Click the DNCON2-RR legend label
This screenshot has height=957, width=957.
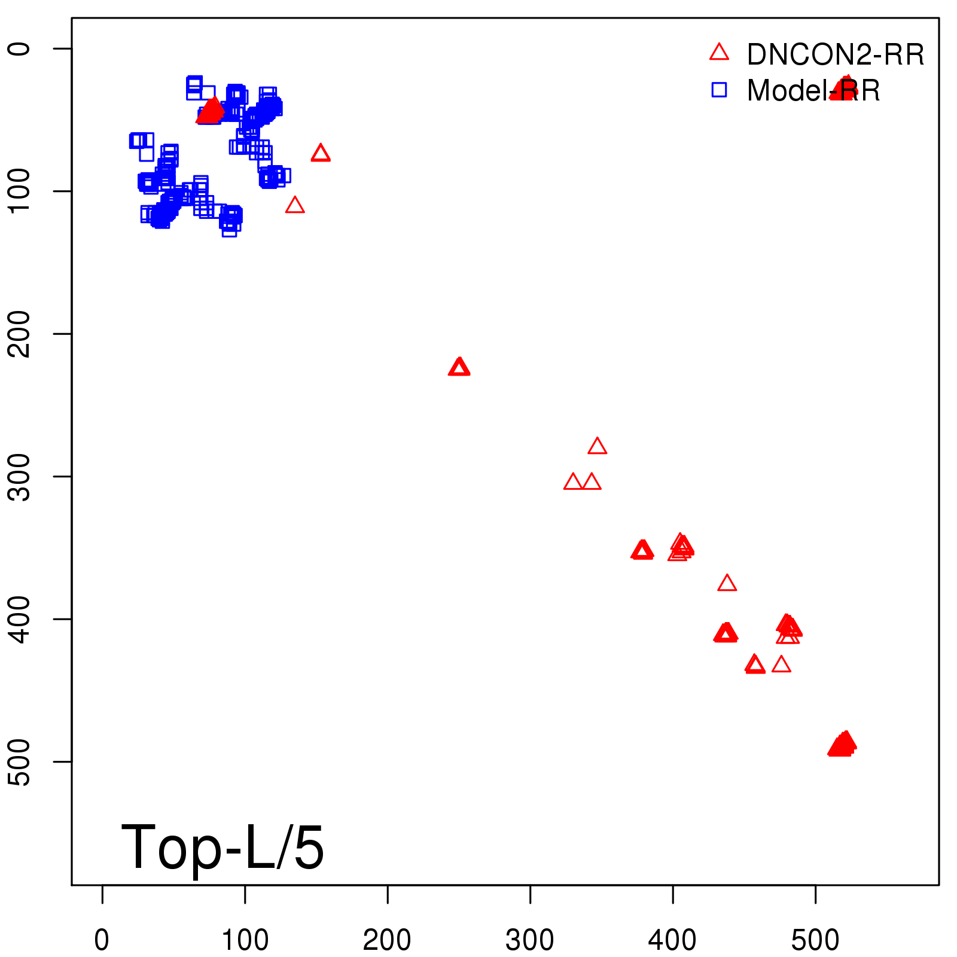tap(835, 54)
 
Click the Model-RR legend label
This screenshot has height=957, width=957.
tap(813, 91)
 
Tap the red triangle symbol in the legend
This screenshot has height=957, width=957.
tap(719, 52)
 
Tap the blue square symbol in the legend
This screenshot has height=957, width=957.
tap(719, 90)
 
